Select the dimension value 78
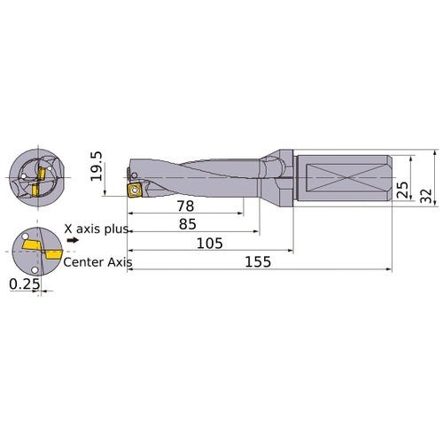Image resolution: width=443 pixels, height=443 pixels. pyautogui.click(x=184, y=206)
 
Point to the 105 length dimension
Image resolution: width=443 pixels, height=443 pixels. pyautogui.click(x=210, y=243)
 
